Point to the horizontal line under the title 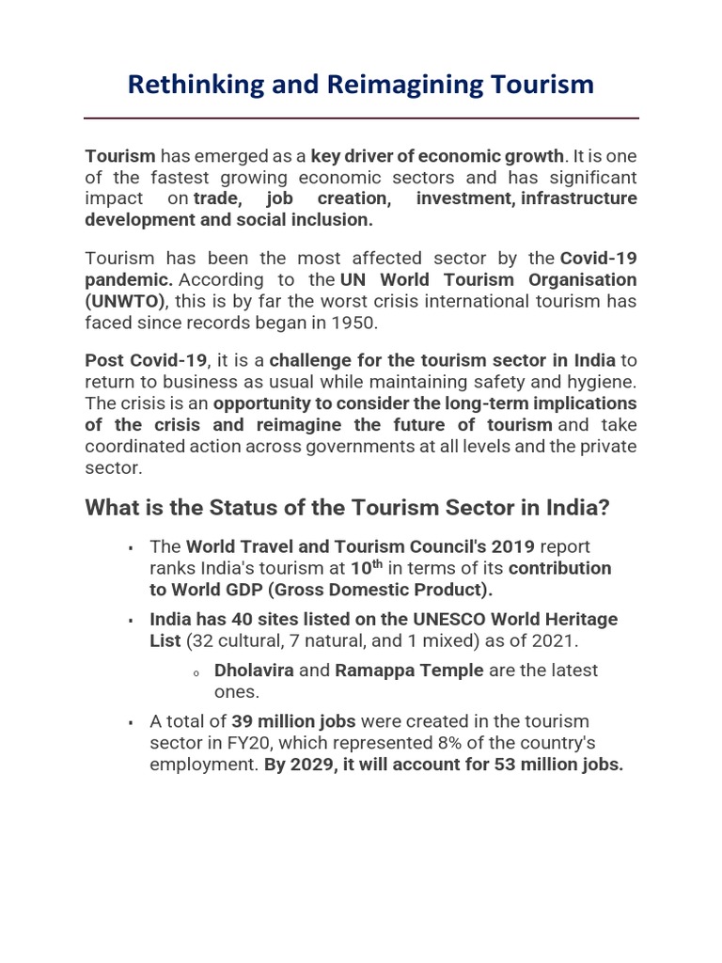coord(361,118)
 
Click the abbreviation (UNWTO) coord(125,301)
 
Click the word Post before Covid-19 coord(103,361)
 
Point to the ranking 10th coord(366,568)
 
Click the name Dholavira coord(254,671)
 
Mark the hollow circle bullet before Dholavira coord(196,673)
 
